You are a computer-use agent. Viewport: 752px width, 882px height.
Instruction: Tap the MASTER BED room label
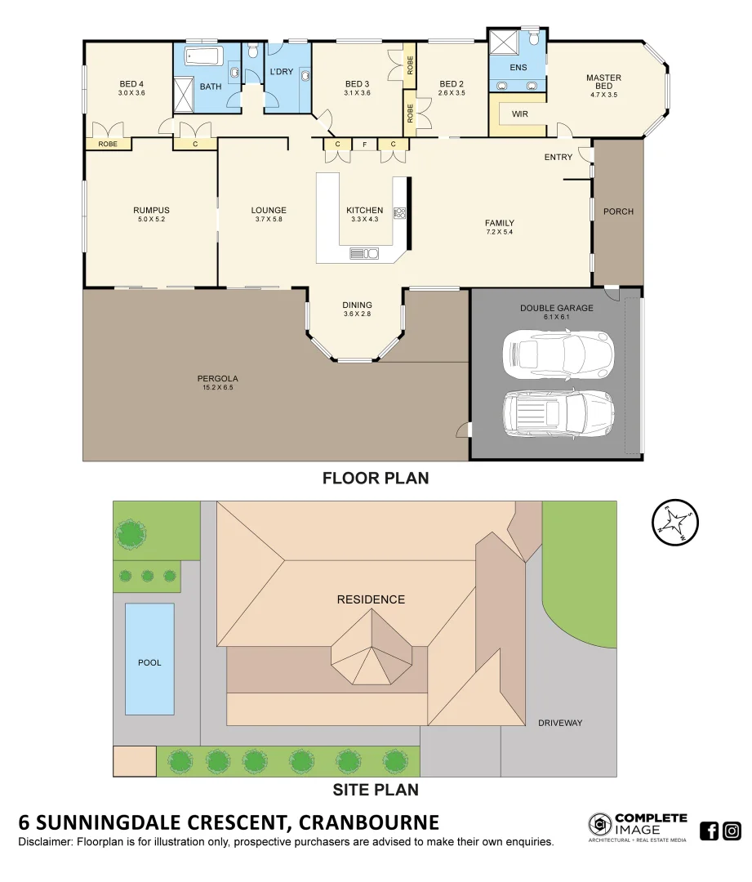coord(603,82)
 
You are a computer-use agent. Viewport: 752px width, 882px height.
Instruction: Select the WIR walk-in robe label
coord(519,114)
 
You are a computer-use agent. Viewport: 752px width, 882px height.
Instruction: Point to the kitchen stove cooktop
coord(399,213)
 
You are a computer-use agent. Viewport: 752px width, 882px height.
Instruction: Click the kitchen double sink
coord(363,253)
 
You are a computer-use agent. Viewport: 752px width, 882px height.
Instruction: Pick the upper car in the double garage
coord(558,354)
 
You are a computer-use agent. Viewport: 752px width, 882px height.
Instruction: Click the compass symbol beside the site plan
coord(675,522)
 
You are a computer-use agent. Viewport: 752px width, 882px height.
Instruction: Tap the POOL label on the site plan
coord(149,662)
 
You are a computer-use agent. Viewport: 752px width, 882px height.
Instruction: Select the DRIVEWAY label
coord(559,723)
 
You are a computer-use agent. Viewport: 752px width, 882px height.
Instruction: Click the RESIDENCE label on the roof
coord(371,599)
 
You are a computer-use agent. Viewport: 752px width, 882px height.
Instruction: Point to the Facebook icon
coord(710,831)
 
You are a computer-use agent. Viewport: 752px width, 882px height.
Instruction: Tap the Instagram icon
coord(732,831)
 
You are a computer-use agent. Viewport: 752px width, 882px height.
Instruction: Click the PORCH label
coord(618,212)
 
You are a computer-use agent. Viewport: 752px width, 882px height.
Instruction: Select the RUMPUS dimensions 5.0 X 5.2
coord(151,219)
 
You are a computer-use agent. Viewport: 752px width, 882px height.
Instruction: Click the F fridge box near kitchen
coord(365,145)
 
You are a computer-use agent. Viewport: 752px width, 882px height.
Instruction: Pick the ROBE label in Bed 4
coord(108,145)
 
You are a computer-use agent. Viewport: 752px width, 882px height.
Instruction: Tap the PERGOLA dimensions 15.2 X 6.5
coord(218,387)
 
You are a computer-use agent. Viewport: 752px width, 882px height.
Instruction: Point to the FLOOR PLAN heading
coord(376,478)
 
